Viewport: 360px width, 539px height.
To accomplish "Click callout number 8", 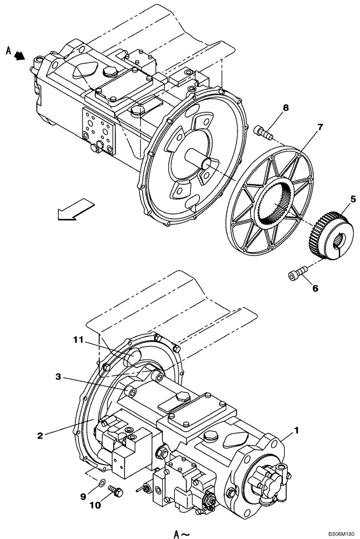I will click(286, 107).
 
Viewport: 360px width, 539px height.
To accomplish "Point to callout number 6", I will click(315, 288).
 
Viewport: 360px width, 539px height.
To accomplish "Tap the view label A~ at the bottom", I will click(182, 534).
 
